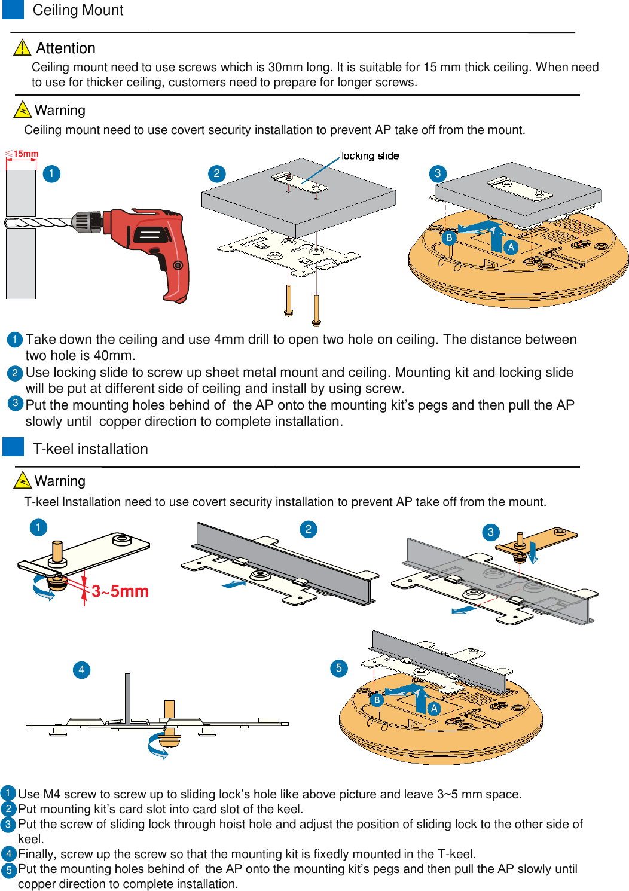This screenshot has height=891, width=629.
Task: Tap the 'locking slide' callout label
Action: (x=370, y=156)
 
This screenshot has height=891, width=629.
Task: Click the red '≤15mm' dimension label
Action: (x=22, y=154)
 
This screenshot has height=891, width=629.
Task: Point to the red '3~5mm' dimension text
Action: (x=120, y=591)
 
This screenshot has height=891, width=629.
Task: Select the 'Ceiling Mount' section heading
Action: (x=78, y=10)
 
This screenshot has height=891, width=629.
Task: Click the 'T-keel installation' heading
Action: (x=90, y=449)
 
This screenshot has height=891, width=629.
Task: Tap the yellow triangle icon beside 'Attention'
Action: (x=22, y=47)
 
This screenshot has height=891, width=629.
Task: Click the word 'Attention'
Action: (x=66, y=48)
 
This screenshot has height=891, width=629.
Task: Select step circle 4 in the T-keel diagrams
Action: (x=81, y=669)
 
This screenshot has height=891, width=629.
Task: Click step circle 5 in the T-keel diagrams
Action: (x=338, y=668)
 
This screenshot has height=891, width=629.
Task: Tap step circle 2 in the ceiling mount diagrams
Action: (x=216, y=173)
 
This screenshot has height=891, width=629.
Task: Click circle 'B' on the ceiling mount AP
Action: (x=449, y=237)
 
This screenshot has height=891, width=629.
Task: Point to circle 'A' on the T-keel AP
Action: (x=434, y=708)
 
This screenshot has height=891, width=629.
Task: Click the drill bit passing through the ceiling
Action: (x=42, y=223)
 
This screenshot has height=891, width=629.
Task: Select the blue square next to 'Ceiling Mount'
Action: (x=13, y=9)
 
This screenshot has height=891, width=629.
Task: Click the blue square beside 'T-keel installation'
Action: (x=13, y=447)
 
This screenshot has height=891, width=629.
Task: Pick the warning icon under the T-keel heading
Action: (x=22, y=480)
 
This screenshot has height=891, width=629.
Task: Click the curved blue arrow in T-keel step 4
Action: (x=158, y=747)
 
